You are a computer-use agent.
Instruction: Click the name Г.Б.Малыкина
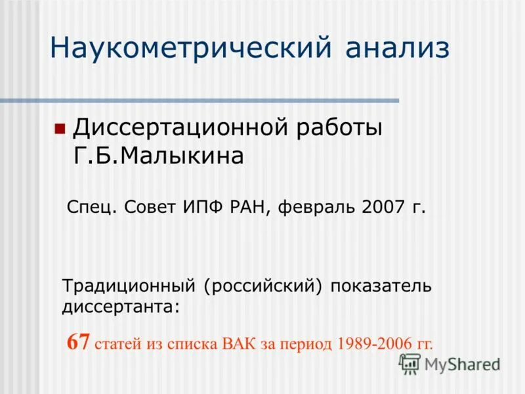[x=158, y=156]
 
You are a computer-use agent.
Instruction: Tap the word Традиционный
[x=129, y=287]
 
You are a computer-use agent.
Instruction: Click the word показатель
[x=381, y=286]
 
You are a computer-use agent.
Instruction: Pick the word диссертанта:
[x=121, y=306]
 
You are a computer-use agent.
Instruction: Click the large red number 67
[x=79, y=342]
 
